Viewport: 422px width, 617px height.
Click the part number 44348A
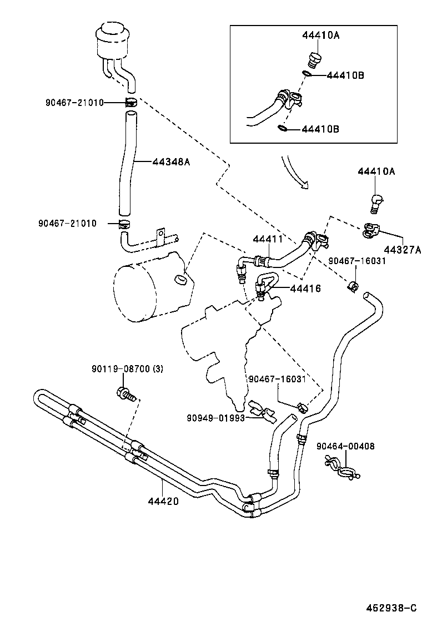(x=172, y=162)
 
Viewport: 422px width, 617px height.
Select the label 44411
(x=268, y=240)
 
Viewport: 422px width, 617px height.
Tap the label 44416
(x=305, y=289)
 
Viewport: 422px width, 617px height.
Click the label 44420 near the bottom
(x=163, y=501)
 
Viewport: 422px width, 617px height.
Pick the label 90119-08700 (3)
(x=127, y=369)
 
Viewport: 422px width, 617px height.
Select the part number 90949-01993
(x=216, y=418)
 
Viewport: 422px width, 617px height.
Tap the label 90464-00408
(x=345, y=446)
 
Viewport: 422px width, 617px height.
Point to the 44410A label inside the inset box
(x=321, y=35)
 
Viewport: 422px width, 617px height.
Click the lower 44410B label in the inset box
(x=320, y=129)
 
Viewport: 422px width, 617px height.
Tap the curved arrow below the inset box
(x=294, y=173)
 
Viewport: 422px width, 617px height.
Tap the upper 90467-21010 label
(x=74, y=102)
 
